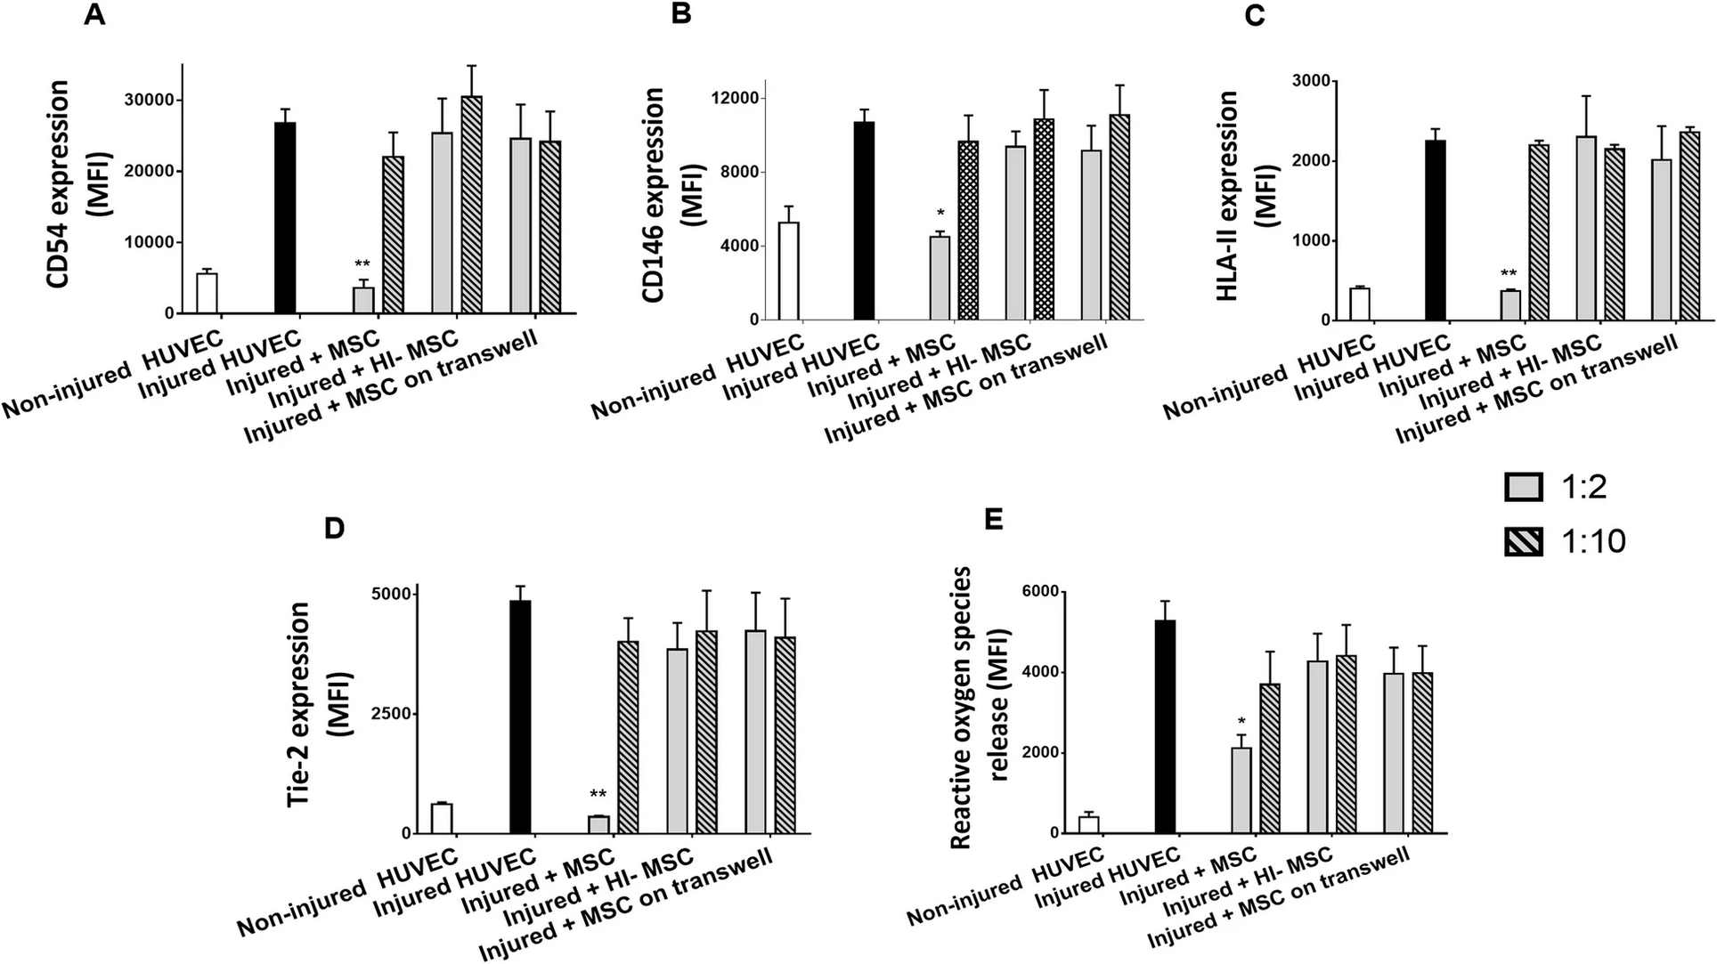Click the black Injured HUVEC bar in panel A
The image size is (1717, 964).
pyautogui.click(x=285, y=218)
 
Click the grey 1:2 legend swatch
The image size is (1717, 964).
pyautogui.click(x=1523, y=487)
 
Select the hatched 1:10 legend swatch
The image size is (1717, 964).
pyautogui.click(x=1523, y=541)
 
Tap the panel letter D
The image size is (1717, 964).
pyautogui.click(x=334, y=528)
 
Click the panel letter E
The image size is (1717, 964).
pyautogui.click(x=993, y=519)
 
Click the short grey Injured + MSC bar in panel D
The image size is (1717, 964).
pyautogui.click(x=598, y=824)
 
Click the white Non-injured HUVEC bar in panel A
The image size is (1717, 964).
pyautogui.click(x=208, y=294)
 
